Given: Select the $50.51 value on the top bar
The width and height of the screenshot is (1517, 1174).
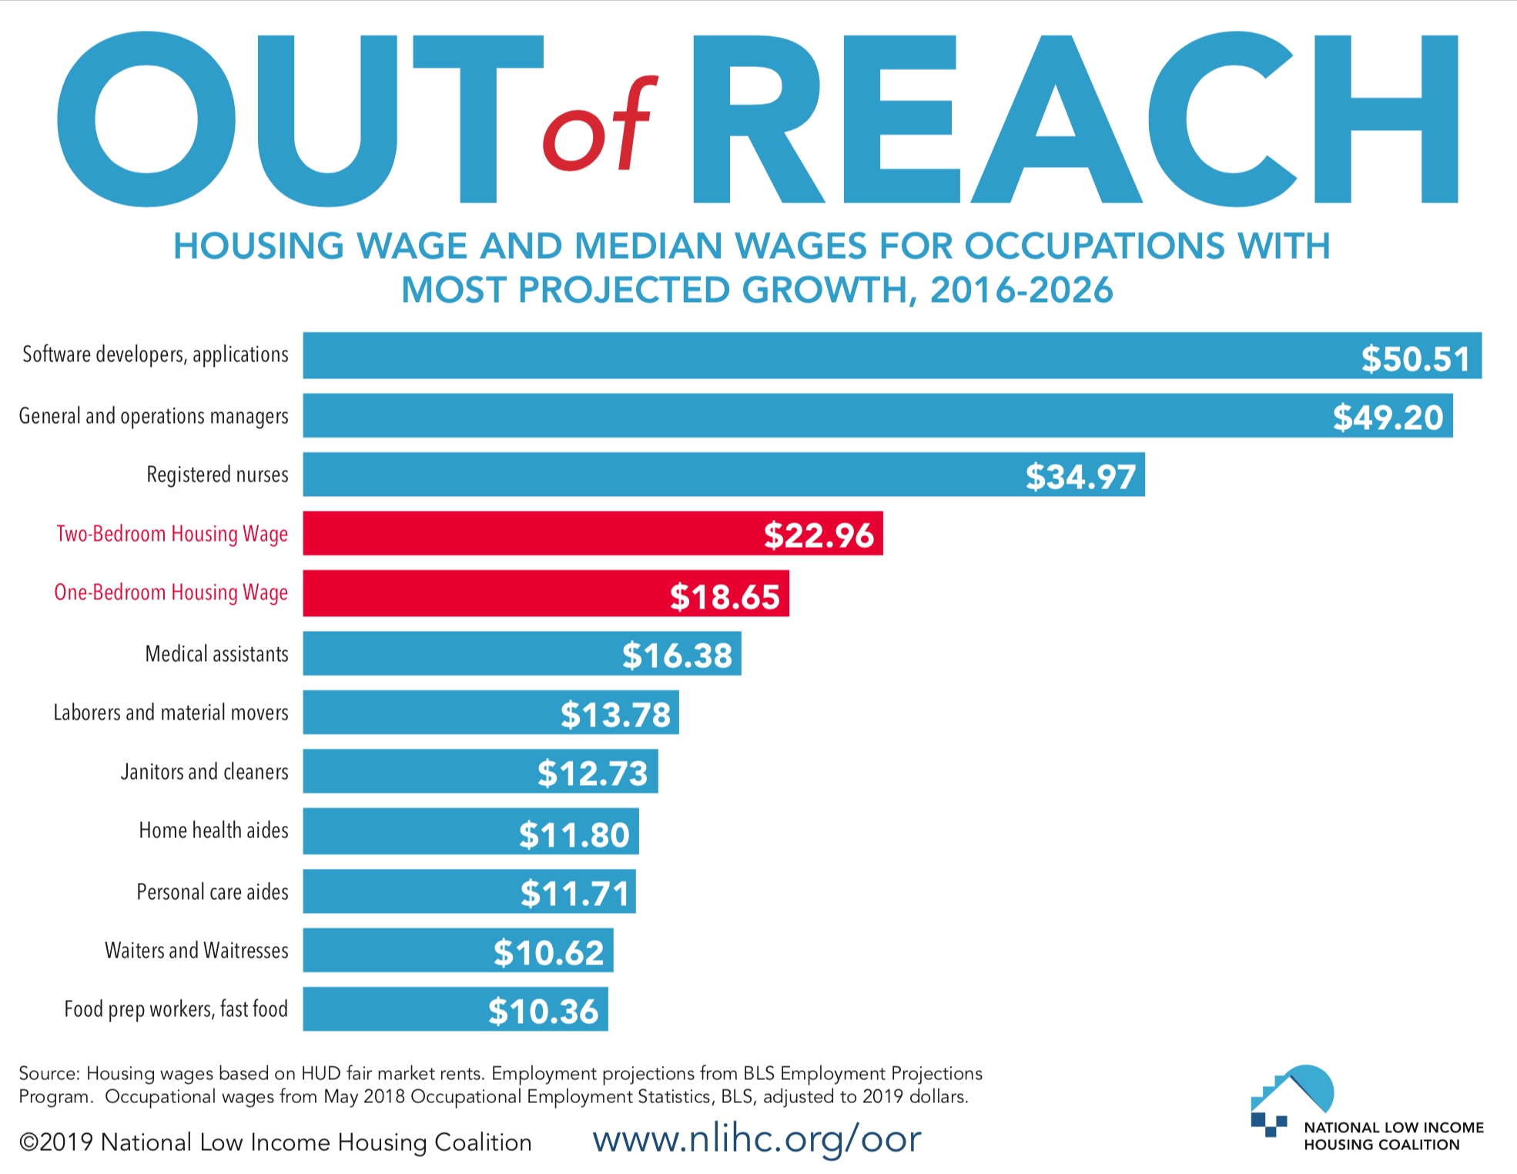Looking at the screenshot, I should tap(1415, 359).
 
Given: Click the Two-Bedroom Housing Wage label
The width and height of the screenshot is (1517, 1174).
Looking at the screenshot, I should tap(172, 534).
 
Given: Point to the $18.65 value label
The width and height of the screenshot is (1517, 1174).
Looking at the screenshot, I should tap(725, 597).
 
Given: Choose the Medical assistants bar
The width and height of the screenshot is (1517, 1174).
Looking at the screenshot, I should tap(521, 654).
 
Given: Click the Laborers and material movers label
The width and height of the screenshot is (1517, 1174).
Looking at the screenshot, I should tap(171, 713).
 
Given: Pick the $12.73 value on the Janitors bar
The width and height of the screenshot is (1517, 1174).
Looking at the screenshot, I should tap(592, 773).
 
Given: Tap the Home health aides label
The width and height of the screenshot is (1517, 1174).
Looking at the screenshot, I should tap(213, 830).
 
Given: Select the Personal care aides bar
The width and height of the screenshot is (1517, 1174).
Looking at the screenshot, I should tap(469, 892).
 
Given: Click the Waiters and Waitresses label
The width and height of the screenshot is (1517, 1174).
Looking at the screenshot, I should tap(196, 951).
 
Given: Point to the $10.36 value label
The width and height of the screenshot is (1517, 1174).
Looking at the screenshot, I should tap(543, 1011).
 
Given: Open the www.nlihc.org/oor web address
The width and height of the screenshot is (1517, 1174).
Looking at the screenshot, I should tap(756, 1139).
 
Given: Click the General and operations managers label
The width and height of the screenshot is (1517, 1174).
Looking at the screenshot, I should tap(153, 417).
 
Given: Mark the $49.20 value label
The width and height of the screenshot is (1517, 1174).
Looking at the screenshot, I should tap(1388, 418).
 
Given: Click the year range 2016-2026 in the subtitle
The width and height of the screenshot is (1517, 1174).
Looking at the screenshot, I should tap(1021, 290).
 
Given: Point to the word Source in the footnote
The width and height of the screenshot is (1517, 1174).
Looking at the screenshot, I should tap(48, 1074).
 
